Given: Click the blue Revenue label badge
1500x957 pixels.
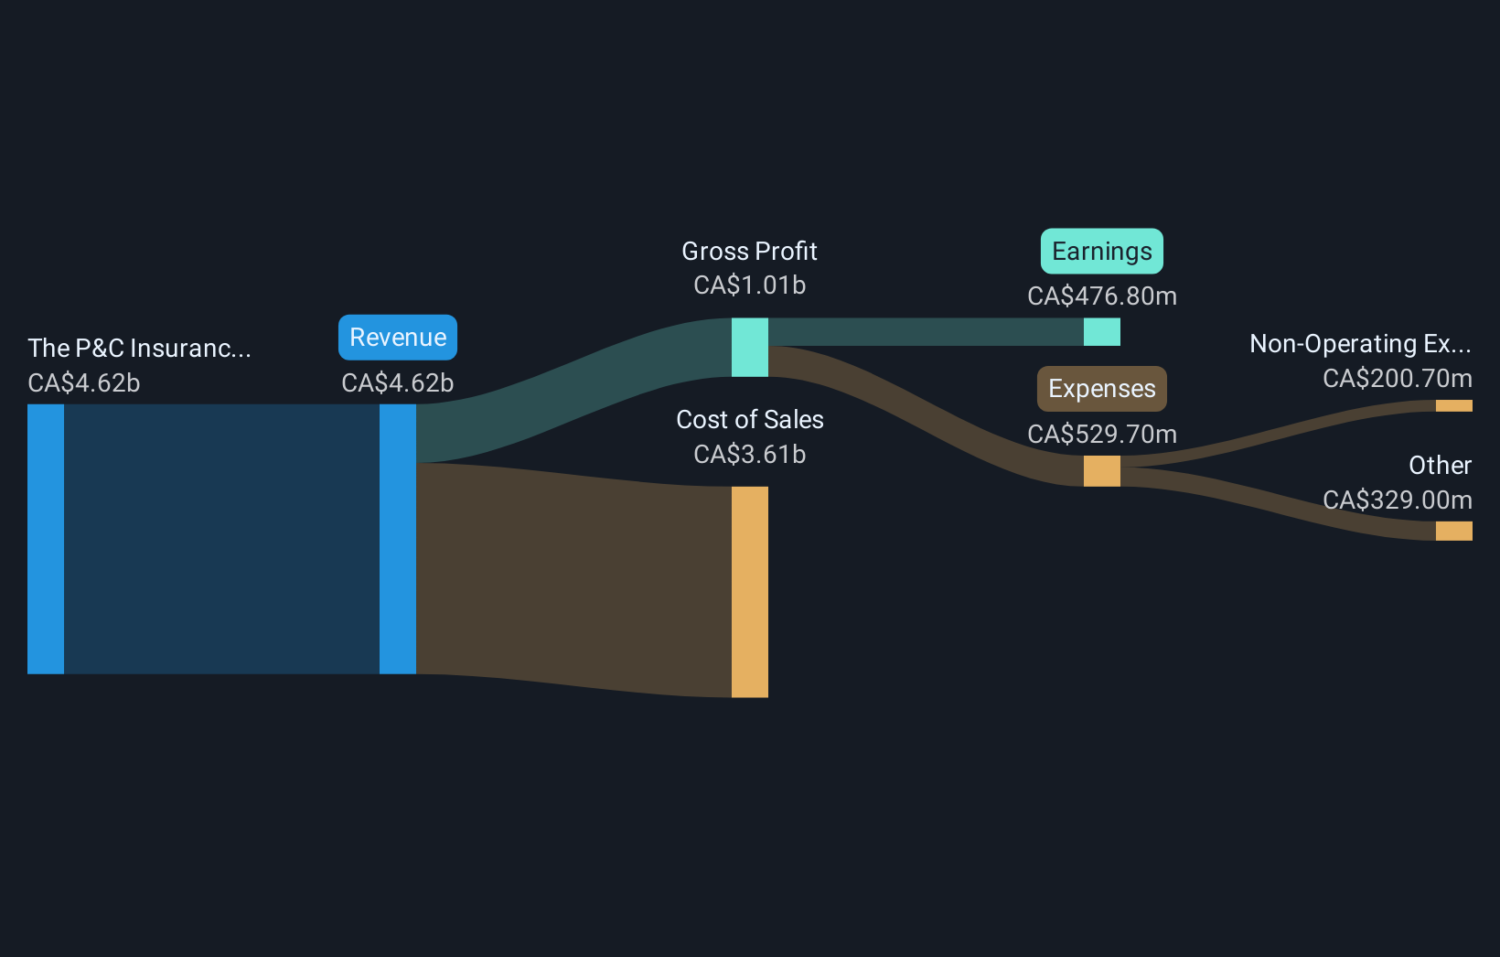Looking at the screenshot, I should point(398,338).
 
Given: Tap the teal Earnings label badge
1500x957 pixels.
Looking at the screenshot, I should point(1101,252).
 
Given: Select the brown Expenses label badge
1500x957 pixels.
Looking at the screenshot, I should point(1101,389).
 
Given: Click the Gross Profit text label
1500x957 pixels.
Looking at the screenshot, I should point(749,252).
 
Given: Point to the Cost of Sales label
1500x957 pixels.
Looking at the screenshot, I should point(749,420).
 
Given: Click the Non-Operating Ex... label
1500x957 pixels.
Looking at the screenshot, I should point(1360,344).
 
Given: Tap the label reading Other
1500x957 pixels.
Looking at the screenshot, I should point(1440,466).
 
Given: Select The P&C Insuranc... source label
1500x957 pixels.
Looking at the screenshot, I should point(139,349).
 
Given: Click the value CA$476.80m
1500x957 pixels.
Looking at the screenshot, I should point(1101,296).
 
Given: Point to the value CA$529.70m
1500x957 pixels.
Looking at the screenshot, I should point(1101,435).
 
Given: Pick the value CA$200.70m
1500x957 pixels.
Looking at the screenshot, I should point(1397,379).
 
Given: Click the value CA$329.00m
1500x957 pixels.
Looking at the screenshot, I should point(1397,500).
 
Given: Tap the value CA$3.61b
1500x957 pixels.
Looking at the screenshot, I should point(749,455).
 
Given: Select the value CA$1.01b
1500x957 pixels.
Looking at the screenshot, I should point(749,285).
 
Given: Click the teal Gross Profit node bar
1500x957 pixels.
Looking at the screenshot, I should point(749,348).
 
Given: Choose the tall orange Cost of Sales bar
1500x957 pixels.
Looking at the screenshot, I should point(749,592).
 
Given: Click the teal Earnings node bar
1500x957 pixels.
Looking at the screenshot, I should point(1101,332).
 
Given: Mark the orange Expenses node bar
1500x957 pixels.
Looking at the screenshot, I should point(1101,471).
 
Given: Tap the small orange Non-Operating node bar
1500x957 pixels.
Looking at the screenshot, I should point(1453,406).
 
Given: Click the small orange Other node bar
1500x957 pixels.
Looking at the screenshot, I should point(1453,531).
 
